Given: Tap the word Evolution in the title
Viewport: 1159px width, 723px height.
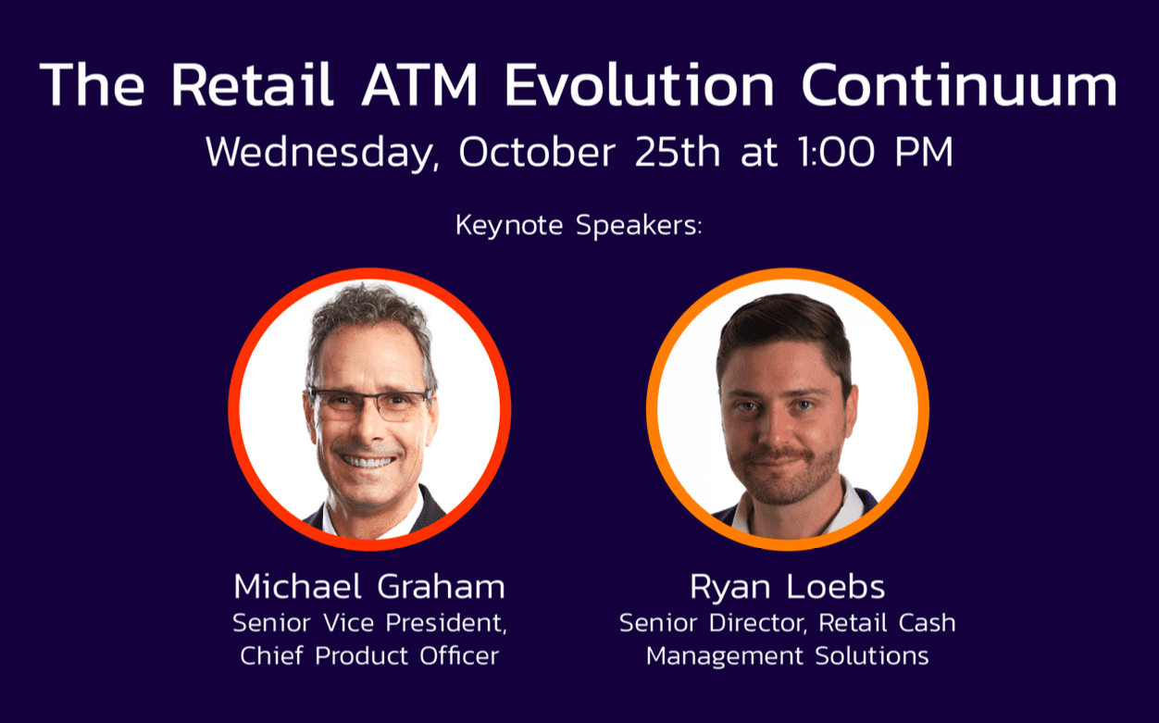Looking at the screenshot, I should (639, 85).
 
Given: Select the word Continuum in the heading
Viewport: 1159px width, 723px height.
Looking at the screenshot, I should (959, 85).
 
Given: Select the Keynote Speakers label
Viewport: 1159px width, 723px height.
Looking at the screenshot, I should (579, 226).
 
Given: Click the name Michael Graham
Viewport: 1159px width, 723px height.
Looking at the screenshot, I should (369, 587).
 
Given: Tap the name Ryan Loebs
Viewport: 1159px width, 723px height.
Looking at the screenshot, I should (787, 587).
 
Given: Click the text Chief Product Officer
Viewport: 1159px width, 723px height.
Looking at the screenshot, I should (369, 655).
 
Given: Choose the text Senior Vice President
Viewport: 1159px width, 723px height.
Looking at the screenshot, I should (369, 622).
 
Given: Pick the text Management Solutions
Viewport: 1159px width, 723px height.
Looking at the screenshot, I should (787, 655).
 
